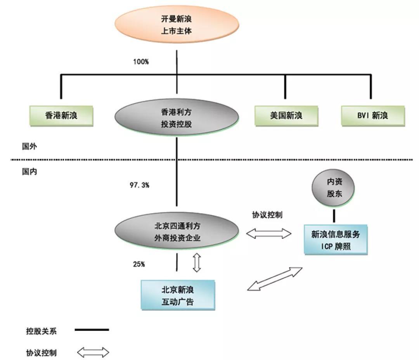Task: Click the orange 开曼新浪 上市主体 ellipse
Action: [177, 24]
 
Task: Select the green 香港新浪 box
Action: [61, 115]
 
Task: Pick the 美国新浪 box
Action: [286, 115]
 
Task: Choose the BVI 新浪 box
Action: [372, 115]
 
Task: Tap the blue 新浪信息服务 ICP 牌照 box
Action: [336, 240]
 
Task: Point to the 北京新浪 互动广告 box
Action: [177, 296]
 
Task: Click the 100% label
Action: [141, 61]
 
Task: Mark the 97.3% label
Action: [139, 185]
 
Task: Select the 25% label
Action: [139, 264]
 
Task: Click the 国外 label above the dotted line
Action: [29, 147]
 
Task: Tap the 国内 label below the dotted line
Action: [29, 171]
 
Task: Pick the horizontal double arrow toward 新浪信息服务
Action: [268, 233]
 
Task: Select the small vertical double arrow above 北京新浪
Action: [197, 263]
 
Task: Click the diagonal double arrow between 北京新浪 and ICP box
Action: [275, 278]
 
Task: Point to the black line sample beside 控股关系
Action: [92, 330]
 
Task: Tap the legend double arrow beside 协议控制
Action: [93, 353]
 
